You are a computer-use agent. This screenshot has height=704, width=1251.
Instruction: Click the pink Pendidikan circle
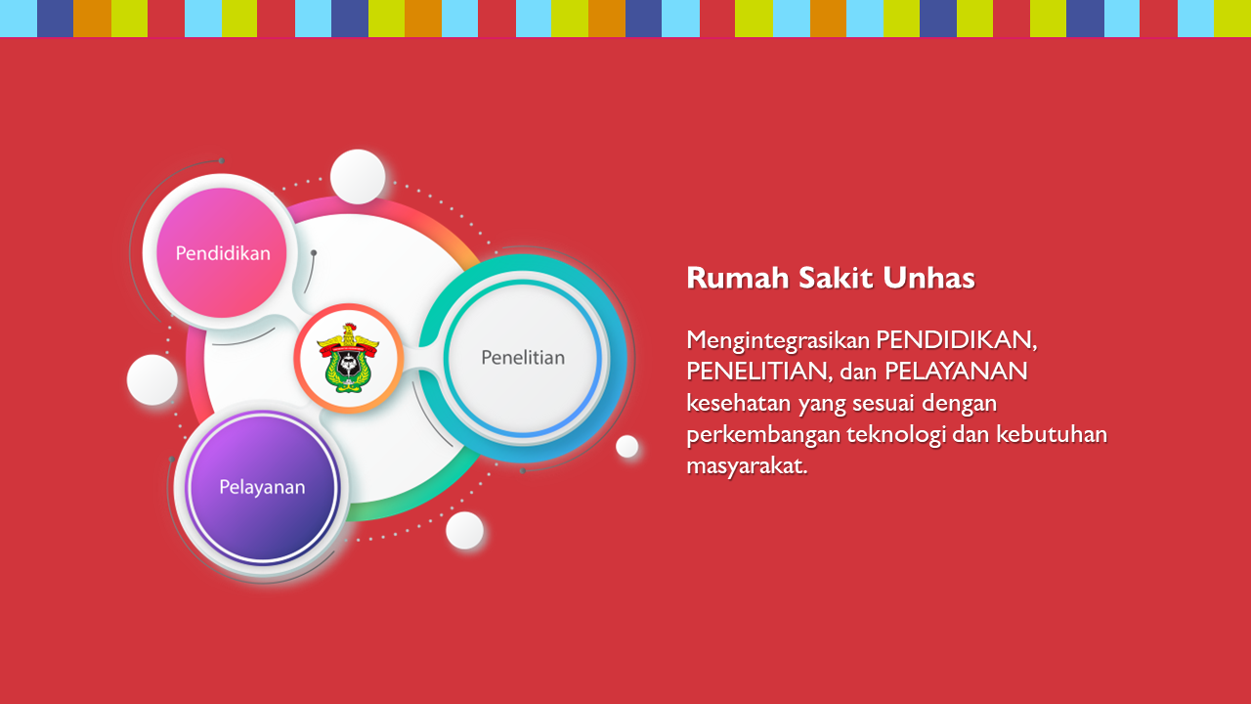[222, 252]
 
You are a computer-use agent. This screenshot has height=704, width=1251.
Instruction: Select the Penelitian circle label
[523, 358]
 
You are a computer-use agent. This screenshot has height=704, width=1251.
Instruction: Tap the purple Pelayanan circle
[263, 486]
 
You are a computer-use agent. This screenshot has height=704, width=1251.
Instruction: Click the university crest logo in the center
[349, 358]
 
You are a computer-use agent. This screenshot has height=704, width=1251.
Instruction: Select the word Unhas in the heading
[928, 278]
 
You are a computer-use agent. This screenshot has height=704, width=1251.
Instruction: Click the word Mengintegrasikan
[776, 341]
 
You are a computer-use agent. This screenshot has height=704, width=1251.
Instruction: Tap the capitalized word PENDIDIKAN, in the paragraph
[957, 340]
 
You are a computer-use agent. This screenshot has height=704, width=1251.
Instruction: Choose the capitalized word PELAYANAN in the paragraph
[956, 372]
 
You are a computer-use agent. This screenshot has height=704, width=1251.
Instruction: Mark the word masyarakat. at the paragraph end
[748, 466]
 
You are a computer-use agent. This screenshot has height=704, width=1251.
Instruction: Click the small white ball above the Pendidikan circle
[358, 177]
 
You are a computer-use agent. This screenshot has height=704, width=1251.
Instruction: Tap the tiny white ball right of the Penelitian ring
[626, 447]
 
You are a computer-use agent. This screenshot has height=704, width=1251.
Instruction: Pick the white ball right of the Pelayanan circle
[464, 530]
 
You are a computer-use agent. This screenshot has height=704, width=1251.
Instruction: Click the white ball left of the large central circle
[151, 380]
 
